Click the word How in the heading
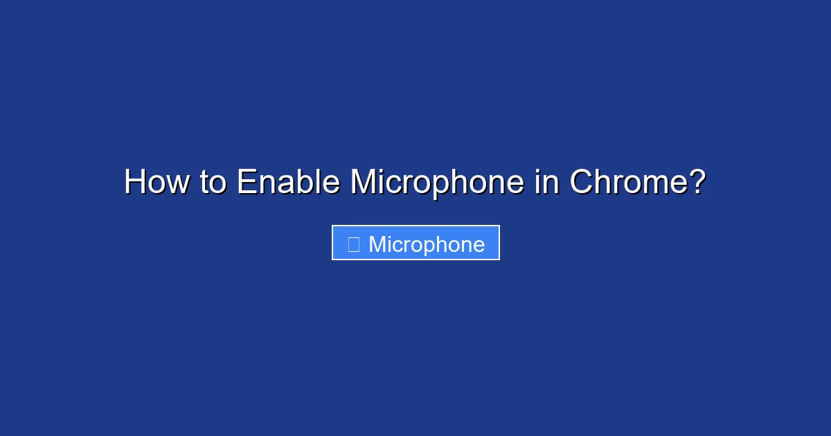[x=157, y=181]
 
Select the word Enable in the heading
[x=288, y=181]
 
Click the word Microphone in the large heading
[x=438, y=184]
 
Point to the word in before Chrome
[x=546, y=181]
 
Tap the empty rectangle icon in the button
[x=354, y=244]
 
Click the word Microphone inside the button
[x=427, y=246]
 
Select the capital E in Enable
[x=247, y=181]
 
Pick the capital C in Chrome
[x=582, y=181]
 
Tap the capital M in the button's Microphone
[x=377, y=244]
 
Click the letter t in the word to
[x=204, y=183]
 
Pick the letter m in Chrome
[x=654, y=185]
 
